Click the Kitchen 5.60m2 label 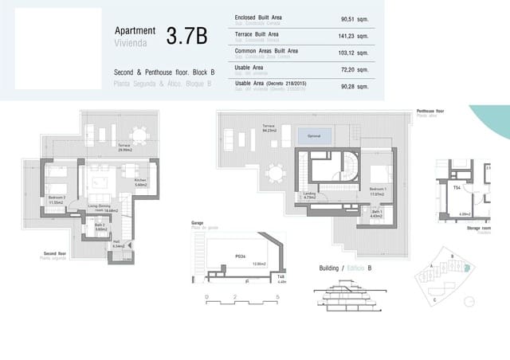pos(140,182)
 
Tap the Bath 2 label pos(100,226)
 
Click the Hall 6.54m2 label pos(118,244)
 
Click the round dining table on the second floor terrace pos(139,134)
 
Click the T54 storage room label pos(457,188)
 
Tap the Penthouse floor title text pos(430,112)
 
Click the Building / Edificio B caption pos(345,268)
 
